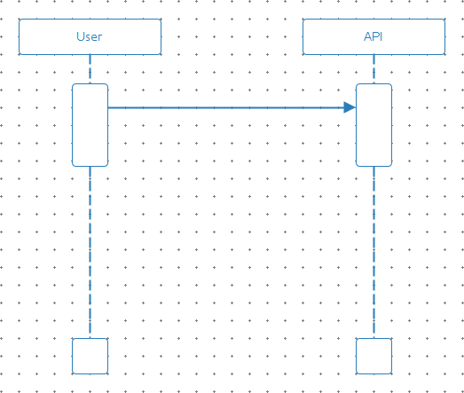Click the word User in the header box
coord(90,36)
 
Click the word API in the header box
coord(374,36)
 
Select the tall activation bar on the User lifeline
coord(90,125)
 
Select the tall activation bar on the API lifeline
coord(374,125)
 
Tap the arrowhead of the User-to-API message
coord(350,107)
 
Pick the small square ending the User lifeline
coord(90,356)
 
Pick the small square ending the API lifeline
coord(374,356)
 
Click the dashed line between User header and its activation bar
coord(90,69)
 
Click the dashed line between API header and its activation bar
coord(374,69)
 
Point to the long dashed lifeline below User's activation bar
coord(90,253)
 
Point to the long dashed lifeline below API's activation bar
coord(374,253)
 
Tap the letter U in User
coord(80,36)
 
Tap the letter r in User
coord(100,38)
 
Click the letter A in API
coord(368,36)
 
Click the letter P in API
coord(376,36)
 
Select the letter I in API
coord(381,36)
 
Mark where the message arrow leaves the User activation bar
coord(108,107)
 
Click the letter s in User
coord(88,38)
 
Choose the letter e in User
coord(94,38)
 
